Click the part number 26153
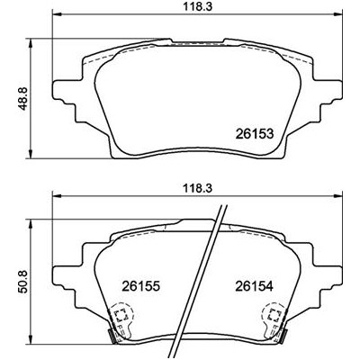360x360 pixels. (x=255, y=134)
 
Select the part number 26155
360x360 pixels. (x=140, y=286)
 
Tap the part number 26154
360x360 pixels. (x=255, y=286)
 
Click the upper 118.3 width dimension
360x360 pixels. (x=197, y=6)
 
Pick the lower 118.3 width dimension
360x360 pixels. (x=197, y=189)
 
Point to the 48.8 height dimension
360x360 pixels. (x=23, y=98)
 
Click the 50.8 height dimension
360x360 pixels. (x=23, y=281)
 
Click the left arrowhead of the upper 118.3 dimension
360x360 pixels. (x=57, y=14)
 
